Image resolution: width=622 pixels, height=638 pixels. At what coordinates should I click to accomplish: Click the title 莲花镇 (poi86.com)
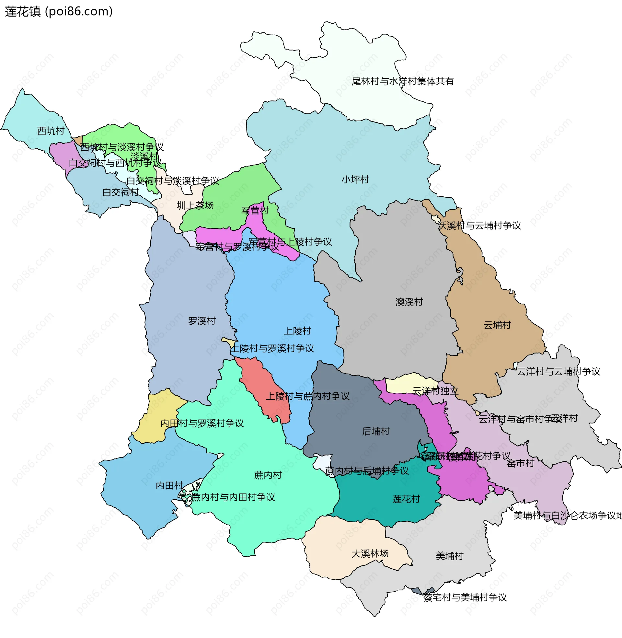click(x=59, y=11)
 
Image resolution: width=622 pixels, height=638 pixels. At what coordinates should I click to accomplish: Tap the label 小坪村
click(x=355, y=179)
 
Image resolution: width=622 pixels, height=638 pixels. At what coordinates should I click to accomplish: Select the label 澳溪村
click(x=409, y=302)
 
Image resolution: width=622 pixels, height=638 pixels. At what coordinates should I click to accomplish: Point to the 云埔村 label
click(x=497, y=325)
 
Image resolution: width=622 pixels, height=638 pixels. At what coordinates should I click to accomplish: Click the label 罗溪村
click(x=202, y=321)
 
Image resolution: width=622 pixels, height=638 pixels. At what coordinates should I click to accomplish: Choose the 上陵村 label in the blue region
click(x=297, y=331)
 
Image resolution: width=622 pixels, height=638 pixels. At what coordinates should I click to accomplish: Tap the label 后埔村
click(x=376, y=431)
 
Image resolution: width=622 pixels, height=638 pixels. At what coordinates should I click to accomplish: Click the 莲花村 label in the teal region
click(x=406, y=499)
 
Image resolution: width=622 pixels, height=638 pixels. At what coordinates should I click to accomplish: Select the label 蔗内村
click(x=268, y=475)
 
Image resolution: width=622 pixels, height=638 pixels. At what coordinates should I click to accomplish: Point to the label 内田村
click(x=169, y=485)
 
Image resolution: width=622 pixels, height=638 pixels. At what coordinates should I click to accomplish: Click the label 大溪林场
click(x=370, y=553)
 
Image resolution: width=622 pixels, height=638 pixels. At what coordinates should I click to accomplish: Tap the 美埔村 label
click(x=450, y=556)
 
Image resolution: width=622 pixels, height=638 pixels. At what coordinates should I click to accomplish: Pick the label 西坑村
click(x=51, y=131)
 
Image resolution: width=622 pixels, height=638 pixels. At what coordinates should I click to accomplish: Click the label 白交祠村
click(x=121, y=192)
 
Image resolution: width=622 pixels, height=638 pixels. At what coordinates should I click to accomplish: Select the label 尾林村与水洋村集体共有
click(x=402, y=81)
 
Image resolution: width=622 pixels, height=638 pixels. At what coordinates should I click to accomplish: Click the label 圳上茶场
click(x=195, y=205)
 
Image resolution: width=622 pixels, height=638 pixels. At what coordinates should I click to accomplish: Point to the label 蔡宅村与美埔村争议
click(x=465, y=597)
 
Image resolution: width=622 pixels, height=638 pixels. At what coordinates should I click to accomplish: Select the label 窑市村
click(x=520, y=463)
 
